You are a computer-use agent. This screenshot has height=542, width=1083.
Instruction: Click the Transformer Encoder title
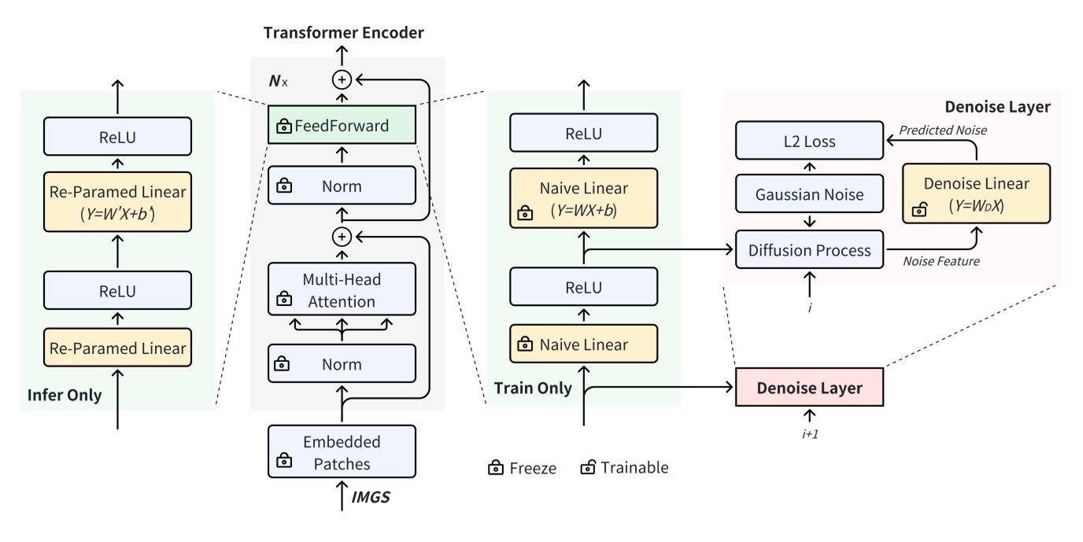tap(344, 32)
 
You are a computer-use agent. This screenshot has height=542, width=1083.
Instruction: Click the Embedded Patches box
tap(342, 452)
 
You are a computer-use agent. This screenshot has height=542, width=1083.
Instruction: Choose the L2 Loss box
tap(808, 143)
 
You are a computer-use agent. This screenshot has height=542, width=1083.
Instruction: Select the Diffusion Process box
tap(808, 250)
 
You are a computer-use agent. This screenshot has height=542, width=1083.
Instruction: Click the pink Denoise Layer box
tap(808, 386)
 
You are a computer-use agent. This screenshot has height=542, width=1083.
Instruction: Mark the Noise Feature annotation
tap(941, 261)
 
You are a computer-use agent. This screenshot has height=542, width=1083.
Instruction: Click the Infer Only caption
tap(65, 395)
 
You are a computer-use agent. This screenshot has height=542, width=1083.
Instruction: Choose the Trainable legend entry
tap(624, 468)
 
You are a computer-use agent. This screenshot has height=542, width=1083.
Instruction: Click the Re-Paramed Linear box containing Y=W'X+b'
tap(117, 201)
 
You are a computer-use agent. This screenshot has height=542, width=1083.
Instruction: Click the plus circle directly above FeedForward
tap(342, 79)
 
